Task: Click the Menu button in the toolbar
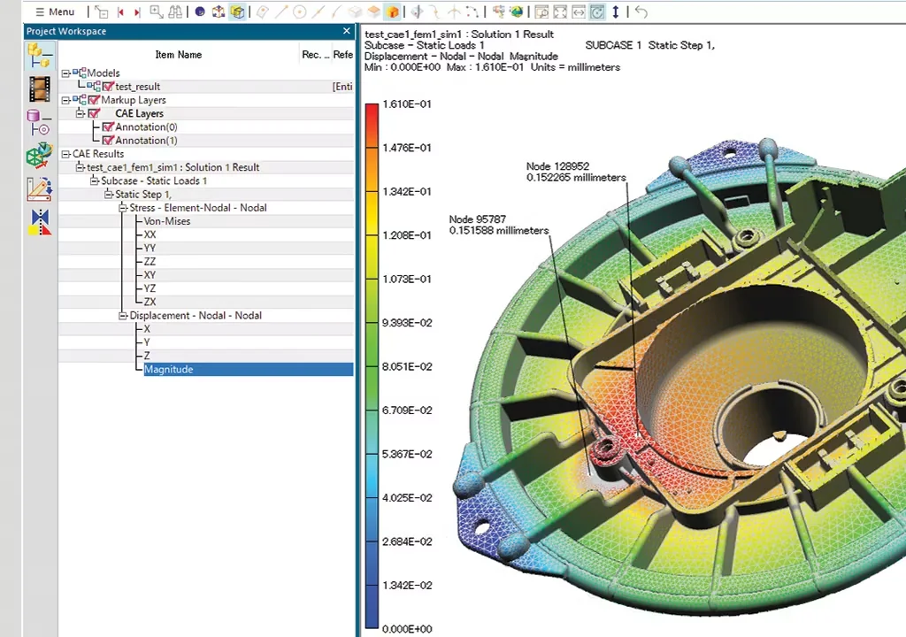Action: pyautogui.click(x=55, y=12)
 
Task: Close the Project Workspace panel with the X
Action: pyautogui.click(x=346, y=31)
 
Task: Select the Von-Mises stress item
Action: pyautogui.click(x=167, y=221)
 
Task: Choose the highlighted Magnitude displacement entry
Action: pyautogui.click(x=169, y=369)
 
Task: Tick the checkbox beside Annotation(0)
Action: pyautogui.click(x=107, y=127)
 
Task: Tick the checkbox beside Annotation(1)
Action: pyautogui.click(x=107, y=140)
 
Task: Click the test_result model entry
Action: pyautogui.click(x=137, y=86)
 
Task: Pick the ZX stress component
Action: pyautogui.click(x=150, y=302)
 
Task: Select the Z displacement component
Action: pyautogui.click(x=147, y=356)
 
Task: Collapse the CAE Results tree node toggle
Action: pyautogui.click(x=65, y=154)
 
